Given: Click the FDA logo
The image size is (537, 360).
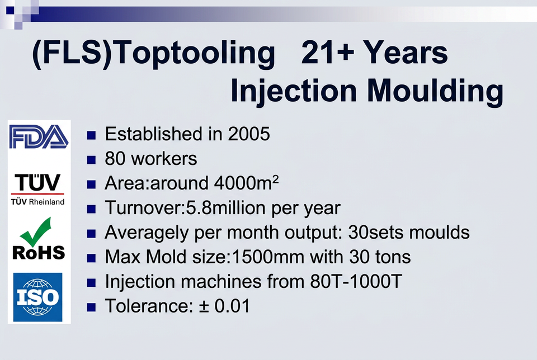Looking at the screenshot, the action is [39, 136].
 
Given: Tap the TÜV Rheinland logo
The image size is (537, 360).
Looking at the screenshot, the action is [37, 190].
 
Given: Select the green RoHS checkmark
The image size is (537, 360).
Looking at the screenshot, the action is [36, 231].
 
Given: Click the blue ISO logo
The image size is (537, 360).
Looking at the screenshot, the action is [37, 297].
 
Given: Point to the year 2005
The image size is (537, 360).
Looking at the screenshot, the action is [249, 134].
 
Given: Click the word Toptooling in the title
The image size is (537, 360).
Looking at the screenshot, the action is [195, 53].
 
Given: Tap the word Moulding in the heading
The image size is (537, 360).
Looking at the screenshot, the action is [435, 91].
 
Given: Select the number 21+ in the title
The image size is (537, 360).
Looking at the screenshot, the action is [328, 53].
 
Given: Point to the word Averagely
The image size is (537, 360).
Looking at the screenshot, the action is [147, 233].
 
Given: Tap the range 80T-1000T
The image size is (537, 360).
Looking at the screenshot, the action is [356, 281].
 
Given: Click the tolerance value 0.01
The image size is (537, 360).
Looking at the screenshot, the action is [232, 306].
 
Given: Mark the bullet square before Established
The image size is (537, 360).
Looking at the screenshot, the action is [91, 135].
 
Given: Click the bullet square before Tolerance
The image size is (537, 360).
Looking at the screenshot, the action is [91, 307].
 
